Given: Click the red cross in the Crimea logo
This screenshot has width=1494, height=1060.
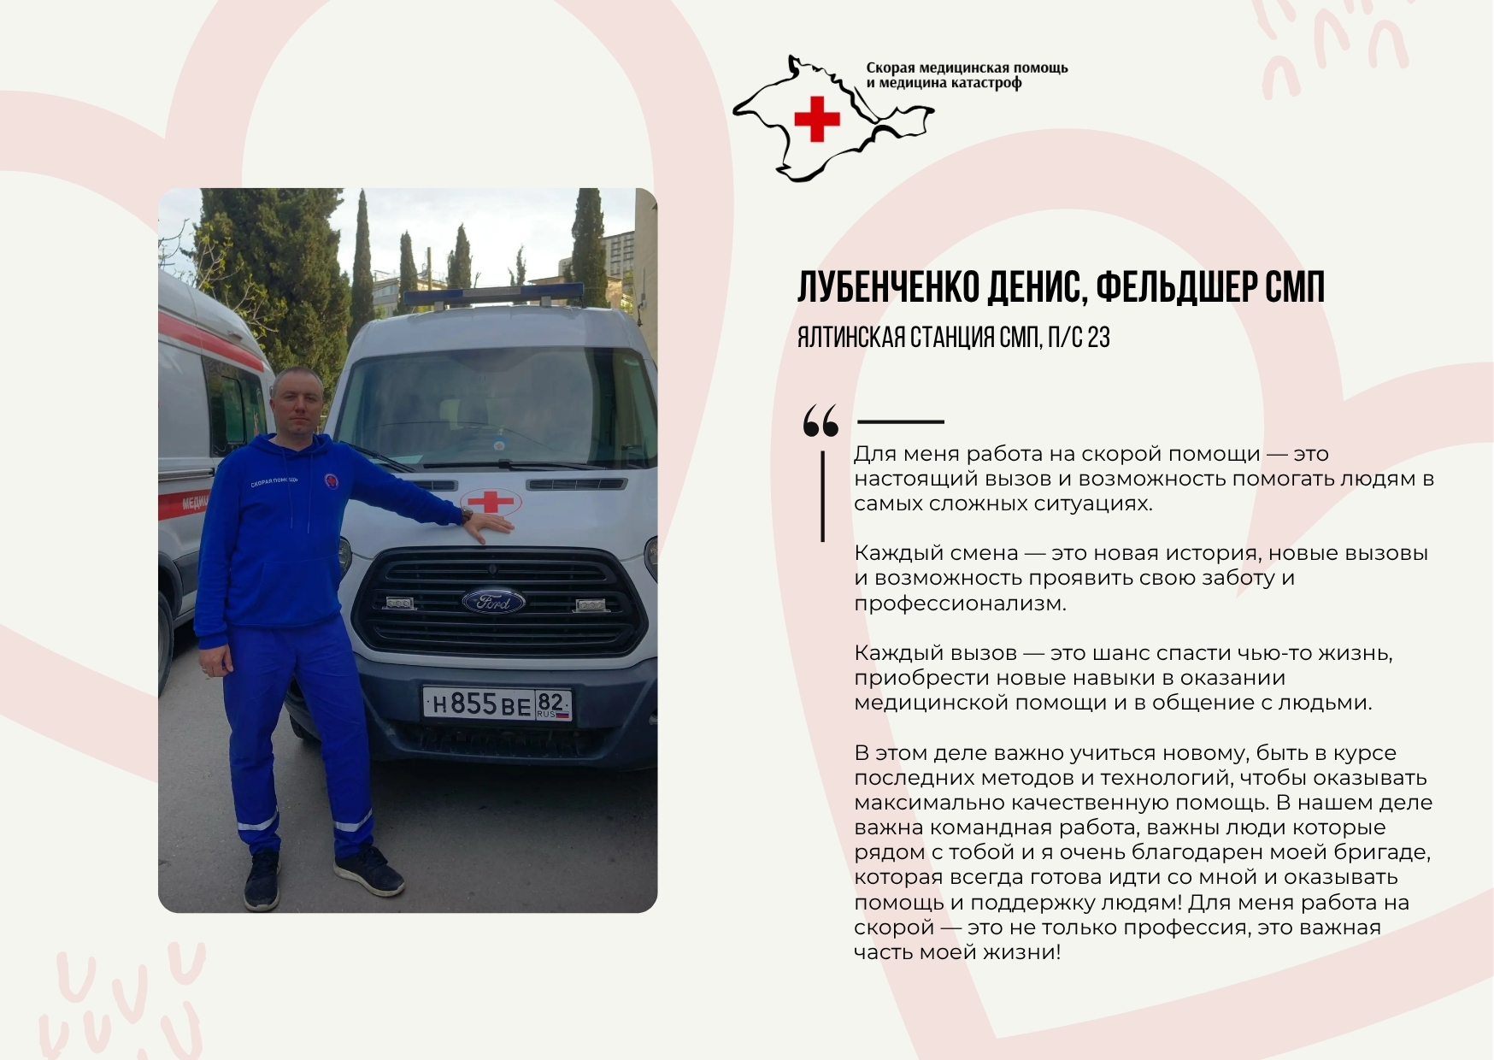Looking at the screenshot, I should tap(816, 119).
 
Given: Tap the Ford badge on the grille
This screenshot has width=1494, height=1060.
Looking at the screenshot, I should tap(493, 602).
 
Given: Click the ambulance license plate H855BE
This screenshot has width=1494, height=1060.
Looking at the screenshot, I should tap(497, 704).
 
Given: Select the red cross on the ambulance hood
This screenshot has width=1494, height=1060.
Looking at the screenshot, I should tap(491, 501).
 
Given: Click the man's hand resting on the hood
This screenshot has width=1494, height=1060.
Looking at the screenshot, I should tap(489, 525).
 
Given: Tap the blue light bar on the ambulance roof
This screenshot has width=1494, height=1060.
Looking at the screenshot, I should tap(493, 296).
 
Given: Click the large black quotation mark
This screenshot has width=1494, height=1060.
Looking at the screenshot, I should tap(821, 421).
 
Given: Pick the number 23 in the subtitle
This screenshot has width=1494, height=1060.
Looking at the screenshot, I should tap(1098, 338).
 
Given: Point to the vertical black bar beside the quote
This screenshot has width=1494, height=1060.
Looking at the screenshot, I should tap(823, 496).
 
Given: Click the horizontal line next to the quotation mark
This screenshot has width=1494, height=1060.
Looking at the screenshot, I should tap(900, 421).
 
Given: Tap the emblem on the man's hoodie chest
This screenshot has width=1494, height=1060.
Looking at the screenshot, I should tap(330, 480).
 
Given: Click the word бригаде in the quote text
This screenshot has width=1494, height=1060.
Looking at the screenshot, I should tap(1385, 852).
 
